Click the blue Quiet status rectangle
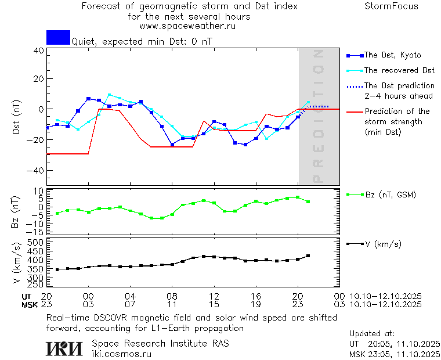point(58,37)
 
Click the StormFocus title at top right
point(391,6)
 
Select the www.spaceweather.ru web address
point(187,26)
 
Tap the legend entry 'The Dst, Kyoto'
point(392,55)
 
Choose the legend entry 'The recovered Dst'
point(399,70)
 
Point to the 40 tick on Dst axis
point(38,51)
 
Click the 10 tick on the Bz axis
point(39,191)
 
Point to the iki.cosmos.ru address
point(122,354)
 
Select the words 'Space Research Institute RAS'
point(160,343)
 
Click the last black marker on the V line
point(308,255)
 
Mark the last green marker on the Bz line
point(308,201)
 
